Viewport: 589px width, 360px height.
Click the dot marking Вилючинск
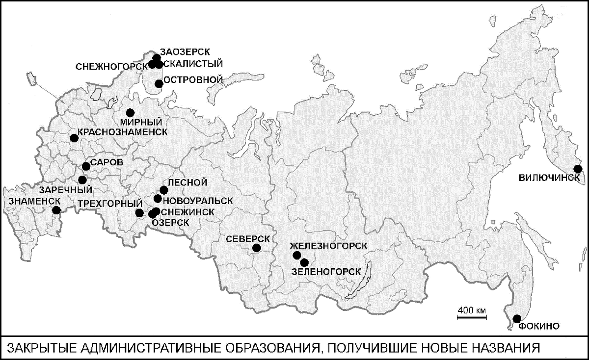(x=578, y=169)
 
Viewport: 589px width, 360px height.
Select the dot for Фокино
(x=517, y=318)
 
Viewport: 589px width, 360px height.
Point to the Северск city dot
(x=256, y=248)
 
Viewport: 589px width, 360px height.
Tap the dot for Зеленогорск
(x=304, y=262)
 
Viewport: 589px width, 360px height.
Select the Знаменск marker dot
(x=56, y=210)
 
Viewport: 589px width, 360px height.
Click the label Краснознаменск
(x=121, y=132)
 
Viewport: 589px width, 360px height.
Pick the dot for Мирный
(x=130, y=112)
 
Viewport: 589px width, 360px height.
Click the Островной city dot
(x=159, y=83)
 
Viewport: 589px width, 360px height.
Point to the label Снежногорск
(x=111, y=66)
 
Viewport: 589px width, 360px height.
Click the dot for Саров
(x=86, y=166)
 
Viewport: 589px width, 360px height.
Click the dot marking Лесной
(x=164, y=190)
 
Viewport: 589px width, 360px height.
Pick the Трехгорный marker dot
(x=139, y=213)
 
